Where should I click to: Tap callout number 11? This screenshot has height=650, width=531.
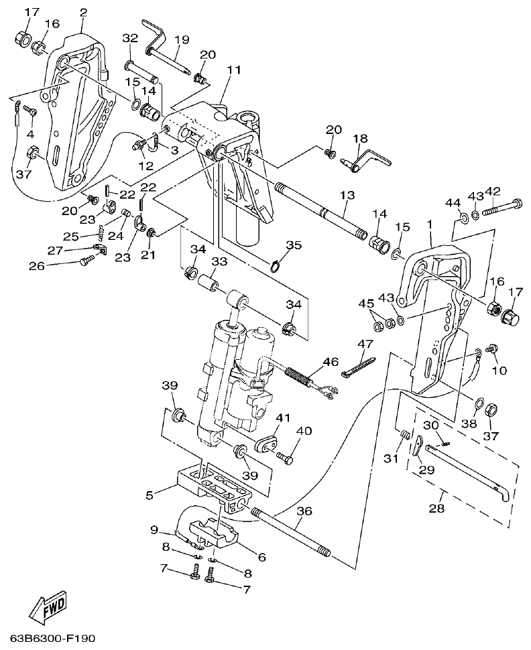click(233, 70)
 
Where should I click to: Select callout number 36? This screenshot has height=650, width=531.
click(304, 511)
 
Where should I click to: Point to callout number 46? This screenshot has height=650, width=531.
click(330, 362)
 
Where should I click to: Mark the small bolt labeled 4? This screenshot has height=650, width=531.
click(29, 111)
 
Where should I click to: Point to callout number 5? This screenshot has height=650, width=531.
click(150, 495)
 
